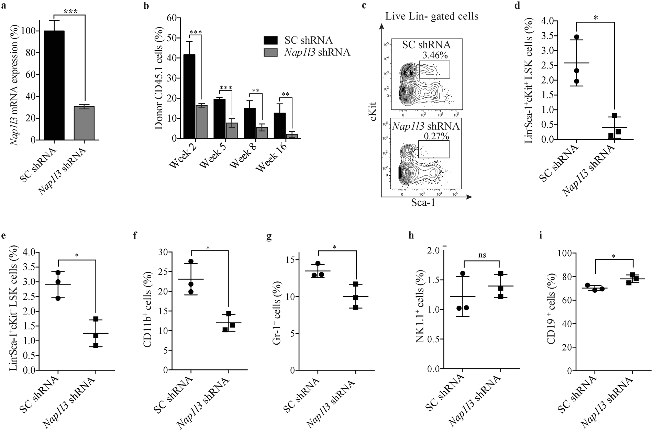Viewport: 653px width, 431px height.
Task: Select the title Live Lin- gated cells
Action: [x=432, y=16]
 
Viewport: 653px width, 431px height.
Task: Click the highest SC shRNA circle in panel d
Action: [x=576, y=37]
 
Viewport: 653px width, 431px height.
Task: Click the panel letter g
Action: [x=269, y=236]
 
